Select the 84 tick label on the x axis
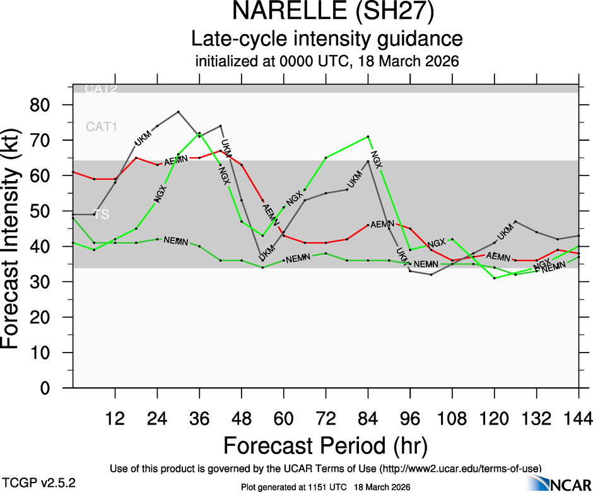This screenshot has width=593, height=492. pyautogui.click(x=368, y=418)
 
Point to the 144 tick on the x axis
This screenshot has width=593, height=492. pyautogui.click(x=578, y=418)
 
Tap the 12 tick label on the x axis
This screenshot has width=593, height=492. pyautogui.click(x=115, y=418)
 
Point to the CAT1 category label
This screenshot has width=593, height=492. pyautogui.click(x=102, y=127)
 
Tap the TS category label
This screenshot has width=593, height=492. pyautogui.click(x=102, y=214)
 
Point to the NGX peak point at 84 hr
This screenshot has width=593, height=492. pyautogui.click(x=368, y=136)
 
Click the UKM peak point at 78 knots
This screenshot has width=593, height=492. pyautogui.click(x=179, y=112)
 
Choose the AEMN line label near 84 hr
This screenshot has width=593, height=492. pyautogui.click(x=382, y=224)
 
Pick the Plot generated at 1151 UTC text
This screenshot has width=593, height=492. pyautogui.click(x=326, y=487)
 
